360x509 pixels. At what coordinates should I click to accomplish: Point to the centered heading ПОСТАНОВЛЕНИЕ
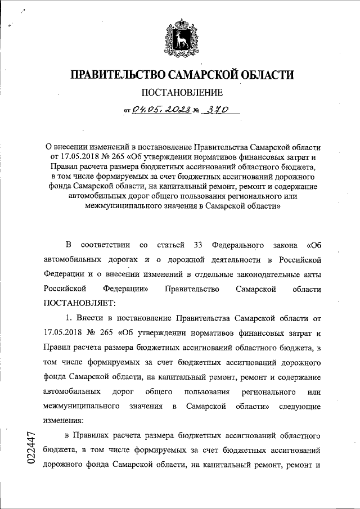(180, 93)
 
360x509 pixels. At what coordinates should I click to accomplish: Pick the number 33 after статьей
(197, 245)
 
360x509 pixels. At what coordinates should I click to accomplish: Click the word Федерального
(239, 245)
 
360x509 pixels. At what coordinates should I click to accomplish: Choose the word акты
(312, 274)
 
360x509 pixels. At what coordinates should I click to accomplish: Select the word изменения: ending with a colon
(63, 420)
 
